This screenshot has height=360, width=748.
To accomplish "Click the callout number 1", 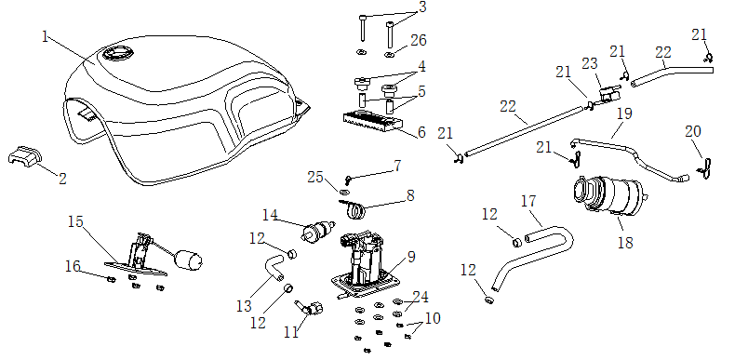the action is pos(46,36).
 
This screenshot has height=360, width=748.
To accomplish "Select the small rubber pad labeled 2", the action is pos(25,156).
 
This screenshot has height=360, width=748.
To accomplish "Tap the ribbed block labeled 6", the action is pos(371,122).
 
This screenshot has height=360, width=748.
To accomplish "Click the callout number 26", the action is pos(418,40).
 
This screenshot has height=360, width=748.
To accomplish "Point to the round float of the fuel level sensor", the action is pos(189,260).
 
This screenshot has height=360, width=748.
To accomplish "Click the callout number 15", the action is pos(75,221).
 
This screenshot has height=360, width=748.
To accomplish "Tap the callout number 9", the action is pos(410,258).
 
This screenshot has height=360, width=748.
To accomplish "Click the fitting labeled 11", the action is pos(310,308).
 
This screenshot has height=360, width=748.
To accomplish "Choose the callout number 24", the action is pos(421,298).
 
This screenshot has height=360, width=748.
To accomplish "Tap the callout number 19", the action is pos(624,114).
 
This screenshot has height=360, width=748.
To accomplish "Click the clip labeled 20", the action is pos(705,168).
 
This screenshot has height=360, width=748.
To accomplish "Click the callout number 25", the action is pos(315,178).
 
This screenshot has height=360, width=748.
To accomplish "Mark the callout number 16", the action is pos(73,266).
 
